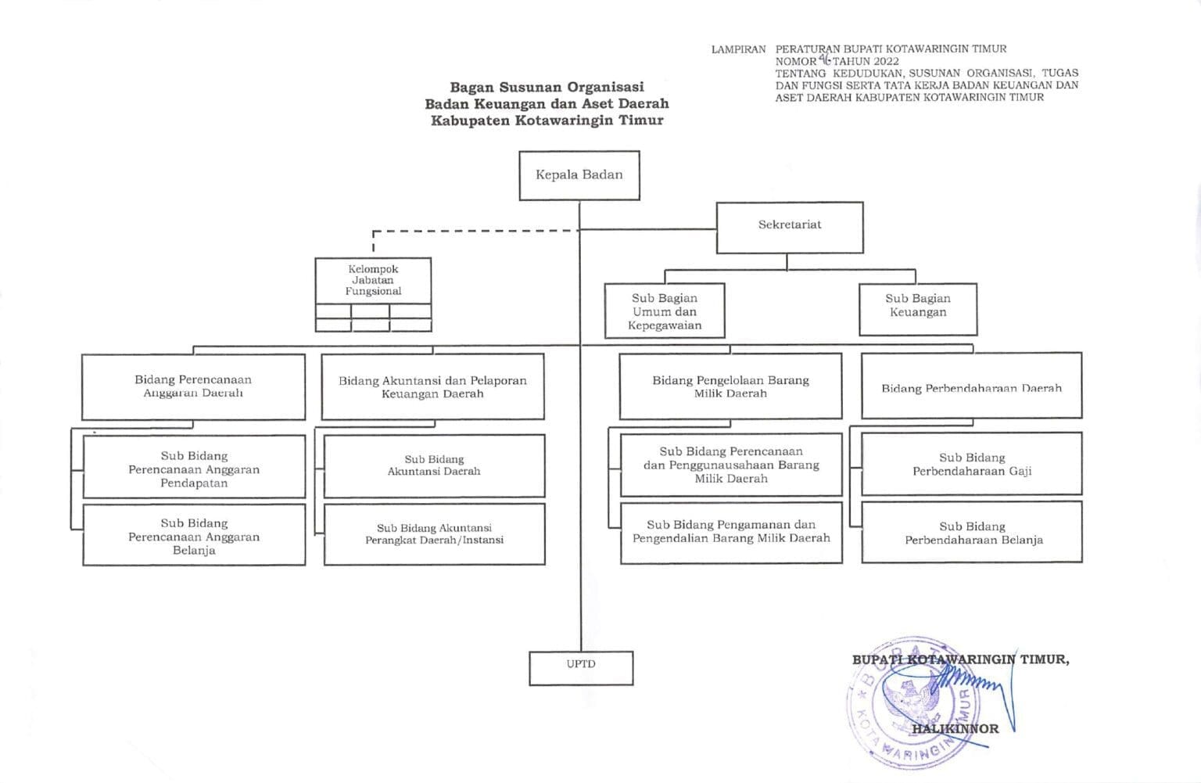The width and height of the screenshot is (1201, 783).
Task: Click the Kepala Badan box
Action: [x=579, y=175]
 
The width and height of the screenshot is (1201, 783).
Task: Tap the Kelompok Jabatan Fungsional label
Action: [x=374, y=280]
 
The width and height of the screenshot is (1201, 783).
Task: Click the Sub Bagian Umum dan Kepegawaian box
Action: [x=665, y=311]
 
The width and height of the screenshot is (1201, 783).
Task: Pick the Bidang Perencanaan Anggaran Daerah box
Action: [x=193, y=386]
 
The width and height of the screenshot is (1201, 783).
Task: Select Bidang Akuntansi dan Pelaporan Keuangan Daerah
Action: [x=432, y=386]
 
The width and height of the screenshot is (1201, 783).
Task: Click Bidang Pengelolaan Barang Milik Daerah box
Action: [x=730, y=386]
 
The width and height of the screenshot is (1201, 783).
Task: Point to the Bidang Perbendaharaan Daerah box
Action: [x=971, y=386]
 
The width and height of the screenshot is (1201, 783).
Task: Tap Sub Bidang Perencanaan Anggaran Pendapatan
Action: [x=194, y=469]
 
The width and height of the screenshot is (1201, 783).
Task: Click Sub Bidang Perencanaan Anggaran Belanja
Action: [x=194, y=536]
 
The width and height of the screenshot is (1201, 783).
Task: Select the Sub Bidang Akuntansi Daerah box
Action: [x=434, y=465]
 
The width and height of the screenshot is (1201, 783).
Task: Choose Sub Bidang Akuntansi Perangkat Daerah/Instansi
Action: [x=434, y=534]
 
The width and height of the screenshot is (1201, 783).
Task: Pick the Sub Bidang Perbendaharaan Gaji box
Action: [x=972, y=464]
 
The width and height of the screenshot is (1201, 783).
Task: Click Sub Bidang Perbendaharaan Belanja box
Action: [x=973, y=533]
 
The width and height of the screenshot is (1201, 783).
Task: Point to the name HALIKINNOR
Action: [x=955, y=729]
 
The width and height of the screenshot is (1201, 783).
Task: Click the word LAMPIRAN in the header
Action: [x=738, y=49]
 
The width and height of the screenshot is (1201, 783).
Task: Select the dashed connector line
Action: [x=469, y=231]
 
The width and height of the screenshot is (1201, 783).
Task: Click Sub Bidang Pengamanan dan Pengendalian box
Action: [x=731, y=532]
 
